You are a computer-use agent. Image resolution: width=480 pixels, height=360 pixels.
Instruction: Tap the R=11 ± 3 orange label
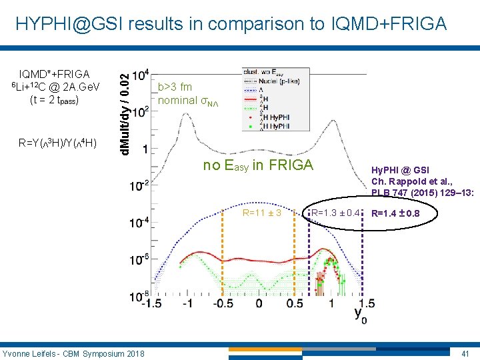tap(262, 213)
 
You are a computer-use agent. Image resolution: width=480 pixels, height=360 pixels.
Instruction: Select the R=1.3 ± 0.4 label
tap(336, 213)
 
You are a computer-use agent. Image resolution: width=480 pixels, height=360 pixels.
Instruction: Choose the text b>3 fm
tap(175, 87)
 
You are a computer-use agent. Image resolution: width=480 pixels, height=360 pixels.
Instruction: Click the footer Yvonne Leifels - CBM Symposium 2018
tap(73, 352)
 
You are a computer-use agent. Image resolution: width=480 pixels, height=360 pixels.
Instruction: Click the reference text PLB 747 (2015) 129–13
tap(423, 193)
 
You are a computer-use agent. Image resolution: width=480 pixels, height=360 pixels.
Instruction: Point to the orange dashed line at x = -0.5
tap(223, 260)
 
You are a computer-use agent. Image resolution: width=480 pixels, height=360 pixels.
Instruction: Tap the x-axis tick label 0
tap(259, 303)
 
